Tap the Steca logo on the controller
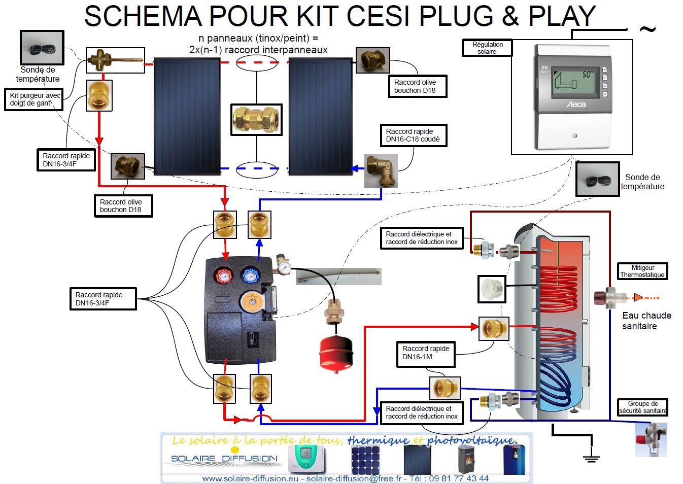coord(575,104)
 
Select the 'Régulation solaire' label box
coord(487,48)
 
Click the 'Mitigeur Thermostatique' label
coord(642,271)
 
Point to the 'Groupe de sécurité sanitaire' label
coord(642,407)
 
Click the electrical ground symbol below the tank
coord(591,458)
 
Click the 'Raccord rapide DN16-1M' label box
coord(425,353)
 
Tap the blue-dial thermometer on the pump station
coord(250,275)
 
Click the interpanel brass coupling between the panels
coord(256,120)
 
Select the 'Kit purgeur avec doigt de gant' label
coord(34,99)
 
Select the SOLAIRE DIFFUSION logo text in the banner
coord(224,459)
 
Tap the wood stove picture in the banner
coord(467,460)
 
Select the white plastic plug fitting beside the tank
coord(492,289)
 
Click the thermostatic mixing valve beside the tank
coord(607,298)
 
